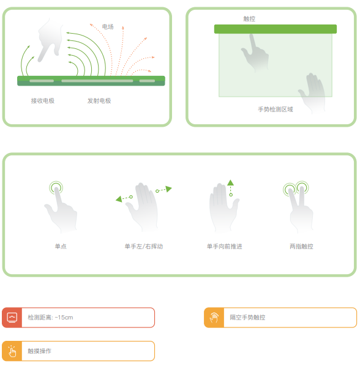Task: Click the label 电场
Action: pyautogui.click(x=108, y=27)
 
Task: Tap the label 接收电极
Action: pyautogui.click(x=43, y=101)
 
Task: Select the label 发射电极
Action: pyautogui.click(x=99, y=101)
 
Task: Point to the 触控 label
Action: pyautogui.click(x=249, y=19)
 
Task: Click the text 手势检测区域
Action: pyautogui.click(x=276, y=110)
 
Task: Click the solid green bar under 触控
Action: pyautogui.click(x=276, y=29)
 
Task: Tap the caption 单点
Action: pyautogui.click(x=61, y=247)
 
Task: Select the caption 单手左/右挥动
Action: pyautogui.click(x=144, y=247)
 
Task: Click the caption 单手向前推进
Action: pyautogui.click(x=224, y=247)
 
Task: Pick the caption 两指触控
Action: pyautogui.click(x=301, y=247)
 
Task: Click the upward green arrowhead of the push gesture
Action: pyautogui.click(x=230, y=182)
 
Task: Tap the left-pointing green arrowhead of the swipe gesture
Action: pyautogui.click(x=119, y=199)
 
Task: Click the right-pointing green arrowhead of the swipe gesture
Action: pyautogui.click(x=168, y=188)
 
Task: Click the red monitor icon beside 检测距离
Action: pyautogui.click(x=12, y=318)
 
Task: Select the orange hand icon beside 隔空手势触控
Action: pyautogui.click(x=214, y=318)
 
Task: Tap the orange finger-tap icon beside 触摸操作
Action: pyautogui.click(x=12, y=351)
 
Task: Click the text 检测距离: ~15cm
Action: pyautogui.click(x=50, y=318)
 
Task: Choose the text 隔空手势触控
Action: pyautogui.click(x=247, y=318)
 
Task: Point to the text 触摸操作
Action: pyautogui.click(x=39, y=351)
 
